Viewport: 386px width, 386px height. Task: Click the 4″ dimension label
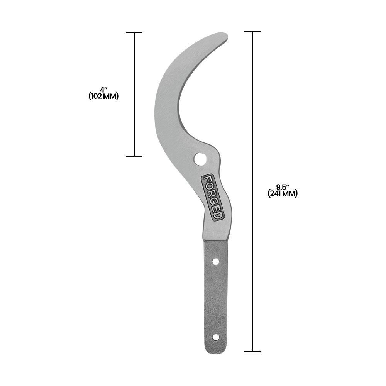103,90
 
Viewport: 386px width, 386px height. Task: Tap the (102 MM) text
103,96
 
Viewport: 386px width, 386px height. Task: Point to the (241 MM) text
283,194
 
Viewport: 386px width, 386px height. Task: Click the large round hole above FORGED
200,158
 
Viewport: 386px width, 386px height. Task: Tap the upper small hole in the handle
216,262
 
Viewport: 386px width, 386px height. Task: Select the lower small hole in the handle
216,337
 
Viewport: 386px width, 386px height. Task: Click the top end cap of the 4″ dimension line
134,33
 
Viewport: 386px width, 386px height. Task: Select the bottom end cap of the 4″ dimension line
134,156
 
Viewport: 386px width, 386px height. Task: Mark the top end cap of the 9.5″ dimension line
252,32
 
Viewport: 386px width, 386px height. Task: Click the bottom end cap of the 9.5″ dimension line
252,352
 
